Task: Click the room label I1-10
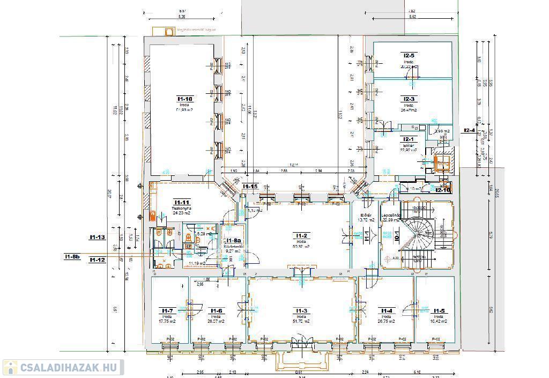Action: [x=185, y=99]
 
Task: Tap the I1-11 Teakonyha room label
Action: [x=181, y=203]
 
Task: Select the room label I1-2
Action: [x=301, y=236]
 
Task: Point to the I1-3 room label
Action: [x=301, y=310]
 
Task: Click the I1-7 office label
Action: [x=167, y=310]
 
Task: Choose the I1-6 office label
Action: [x=216, y=310]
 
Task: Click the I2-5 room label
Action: [x=409, y=55]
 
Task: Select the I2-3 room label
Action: [x=409, y=99]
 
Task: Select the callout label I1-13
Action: [x=97, y=237]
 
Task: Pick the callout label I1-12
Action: [x=97, y=260]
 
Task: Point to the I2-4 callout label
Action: [x=469, y=130]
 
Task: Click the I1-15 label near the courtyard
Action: [x=250, y=187]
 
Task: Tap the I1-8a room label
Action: [x=233, y=240]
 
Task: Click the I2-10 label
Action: [x=443, y=190]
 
